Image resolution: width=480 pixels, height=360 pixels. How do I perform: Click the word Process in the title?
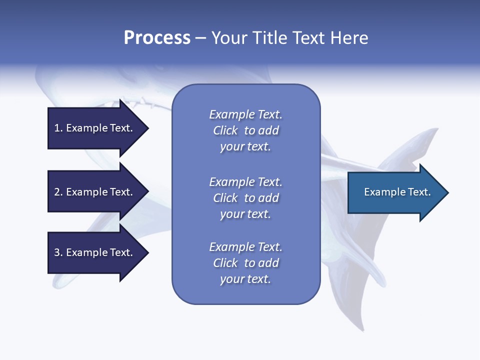tap(157, 38)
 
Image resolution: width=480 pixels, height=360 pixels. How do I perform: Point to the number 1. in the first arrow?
tap(58, 128)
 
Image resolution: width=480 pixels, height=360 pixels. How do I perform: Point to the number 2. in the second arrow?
tap(58, 192)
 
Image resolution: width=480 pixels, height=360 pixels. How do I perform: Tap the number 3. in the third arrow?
tap(58, 252)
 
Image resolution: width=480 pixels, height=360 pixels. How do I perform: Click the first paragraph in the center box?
tap(245, 130)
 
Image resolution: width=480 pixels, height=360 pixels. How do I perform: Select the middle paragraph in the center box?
tap(245, 198)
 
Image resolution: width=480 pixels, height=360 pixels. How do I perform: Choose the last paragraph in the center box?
tap(245, 263)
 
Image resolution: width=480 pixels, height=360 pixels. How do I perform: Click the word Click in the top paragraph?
tap(225, 130)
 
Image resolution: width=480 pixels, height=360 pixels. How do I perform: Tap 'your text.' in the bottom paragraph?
tap(245, 279)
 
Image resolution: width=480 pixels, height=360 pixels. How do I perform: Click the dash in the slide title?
tap(201, 38)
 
